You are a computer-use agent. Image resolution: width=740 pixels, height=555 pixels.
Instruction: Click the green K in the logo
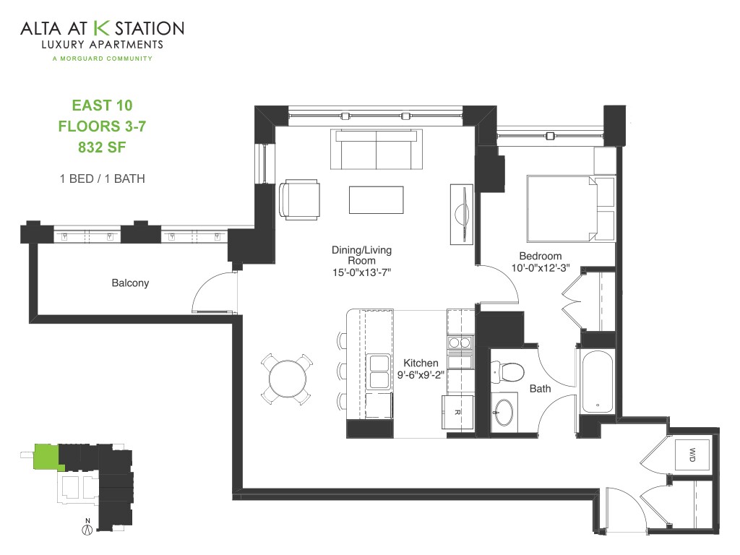coord(101,28)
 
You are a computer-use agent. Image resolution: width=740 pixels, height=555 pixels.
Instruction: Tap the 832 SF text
coord(102,147)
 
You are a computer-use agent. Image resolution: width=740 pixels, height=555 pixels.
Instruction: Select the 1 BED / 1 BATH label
coord(102,178)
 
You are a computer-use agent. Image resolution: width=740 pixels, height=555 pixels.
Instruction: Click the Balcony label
coord(130,283)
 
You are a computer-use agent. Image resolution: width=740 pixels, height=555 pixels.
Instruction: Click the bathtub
coord(597,381)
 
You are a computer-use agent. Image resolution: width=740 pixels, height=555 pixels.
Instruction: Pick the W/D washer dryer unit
coord(692,454)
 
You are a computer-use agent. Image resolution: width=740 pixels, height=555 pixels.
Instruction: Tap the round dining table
coord(287,379)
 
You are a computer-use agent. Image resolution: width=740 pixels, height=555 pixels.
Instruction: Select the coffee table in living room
coord(376,199)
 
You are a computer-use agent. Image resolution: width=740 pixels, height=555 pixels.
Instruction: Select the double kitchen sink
coord(379,371)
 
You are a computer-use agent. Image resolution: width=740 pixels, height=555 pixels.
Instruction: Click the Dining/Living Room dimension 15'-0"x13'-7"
coord(361,272)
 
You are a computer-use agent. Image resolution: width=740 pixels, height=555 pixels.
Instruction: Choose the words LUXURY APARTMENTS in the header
coord(101,45)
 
